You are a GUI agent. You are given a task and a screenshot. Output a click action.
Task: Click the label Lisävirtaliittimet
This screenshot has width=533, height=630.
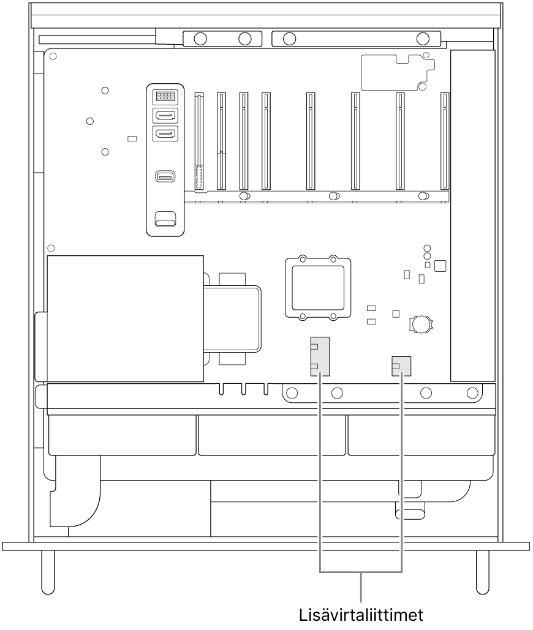361,615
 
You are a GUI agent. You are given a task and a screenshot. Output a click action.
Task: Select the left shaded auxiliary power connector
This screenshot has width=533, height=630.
320,356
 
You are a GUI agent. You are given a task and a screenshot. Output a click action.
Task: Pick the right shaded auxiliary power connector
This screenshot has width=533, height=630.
401,366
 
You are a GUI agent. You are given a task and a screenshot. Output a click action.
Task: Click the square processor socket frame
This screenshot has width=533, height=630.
318,288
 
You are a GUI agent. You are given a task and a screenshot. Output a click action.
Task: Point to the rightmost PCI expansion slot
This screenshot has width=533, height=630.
445,141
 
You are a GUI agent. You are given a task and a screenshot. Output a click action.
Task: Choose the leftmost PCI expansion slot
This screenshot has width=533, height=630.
199,141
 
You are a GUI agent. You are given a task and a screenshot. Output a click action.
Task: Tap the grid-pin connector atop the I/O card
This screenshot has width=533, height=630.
165,96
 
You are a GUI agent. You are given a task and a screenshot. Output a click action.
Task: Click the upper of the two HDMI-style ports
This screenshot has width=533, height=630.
165,116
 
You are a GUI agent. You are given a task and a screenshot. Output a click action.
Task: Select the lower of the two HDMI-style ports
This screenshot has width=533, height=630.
165,133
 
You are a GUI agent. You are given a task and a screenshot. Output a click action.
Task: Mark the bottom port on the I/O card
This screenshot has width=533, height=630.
165,219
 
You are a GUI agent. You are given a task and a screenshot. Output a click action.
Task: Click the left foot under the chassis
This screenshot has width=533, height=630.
48,572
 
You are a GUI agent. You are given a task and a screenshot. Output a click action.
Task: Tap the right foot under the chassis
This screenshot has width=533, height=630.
483,572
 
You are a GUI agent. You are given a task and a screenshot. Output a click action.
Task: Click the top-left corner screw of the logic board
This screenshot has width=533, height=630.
53,56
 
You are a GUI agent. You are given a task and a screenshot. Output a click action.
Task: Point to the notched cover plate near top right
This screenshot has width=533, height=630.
398,72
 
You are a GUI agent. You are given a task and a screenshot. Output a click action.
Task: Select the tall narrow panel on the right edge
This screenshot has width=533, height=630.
473,216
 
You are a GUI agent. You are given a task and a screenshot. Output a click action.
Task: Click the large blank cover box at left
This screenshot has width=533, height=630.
125,318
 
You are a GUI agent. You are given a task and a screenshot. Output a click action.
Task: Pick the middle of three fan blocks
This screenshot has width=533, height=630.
272,435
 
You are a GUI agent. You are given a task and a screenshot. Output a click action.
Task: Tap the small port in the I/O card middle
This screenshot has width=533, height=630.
165,176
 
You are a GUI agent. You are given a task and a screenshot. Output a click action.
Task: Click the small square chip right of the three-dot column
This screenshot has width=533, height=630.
440,266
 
